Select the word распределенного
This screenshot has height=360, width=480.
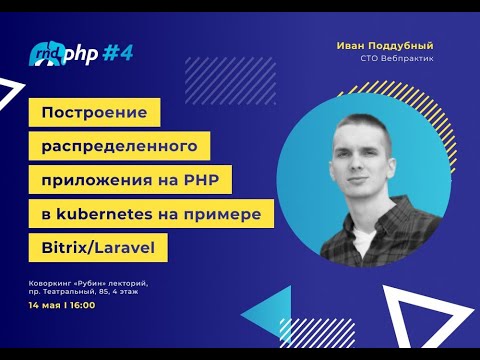120,147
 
